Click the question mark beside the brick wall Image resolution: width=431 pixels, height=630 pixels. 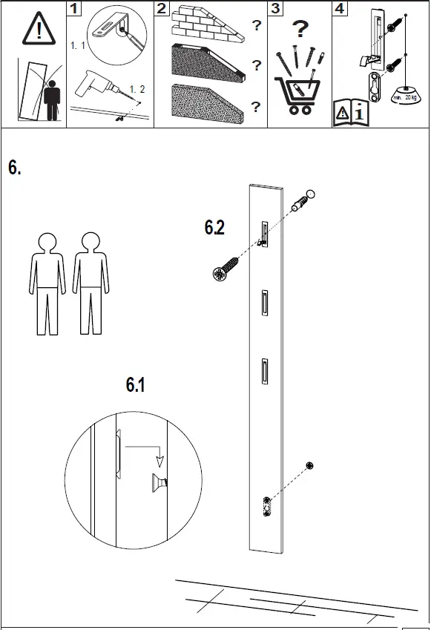click(x=256, y=25)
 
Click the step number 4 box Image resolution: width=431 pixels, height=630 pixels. click(x=340, y=9)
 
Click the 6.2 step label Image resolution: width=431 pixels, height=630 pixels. click(x=214, y=229)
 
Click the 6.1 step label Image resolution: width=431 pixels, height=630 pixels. click(x=136, y=385)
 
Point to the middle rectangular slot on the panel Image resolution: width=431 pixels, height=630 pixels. click(x=265, y=303)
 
